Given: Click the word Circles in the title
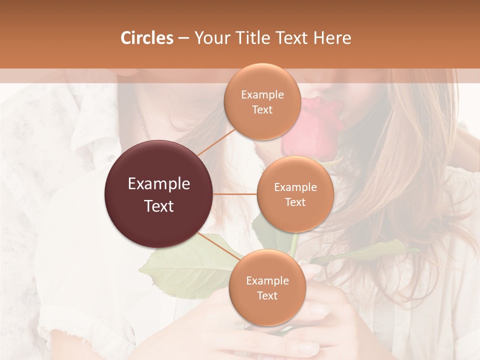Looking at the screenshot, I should point(146,38).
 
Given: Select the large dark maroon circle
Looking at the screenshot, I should point(159,194).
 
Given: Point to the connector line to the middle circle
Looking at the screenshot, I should point(235,194).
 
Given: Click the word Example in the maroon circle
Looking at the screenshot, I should point(159,184).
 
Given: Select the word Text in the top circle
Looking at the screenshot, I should point(262,109).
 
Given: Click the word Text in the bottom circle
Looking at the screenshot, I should point(267,295).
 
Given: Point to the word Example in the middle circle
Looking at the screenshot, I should point(295,187).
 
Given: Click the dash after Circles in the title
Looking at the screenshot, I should point(183,38).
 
